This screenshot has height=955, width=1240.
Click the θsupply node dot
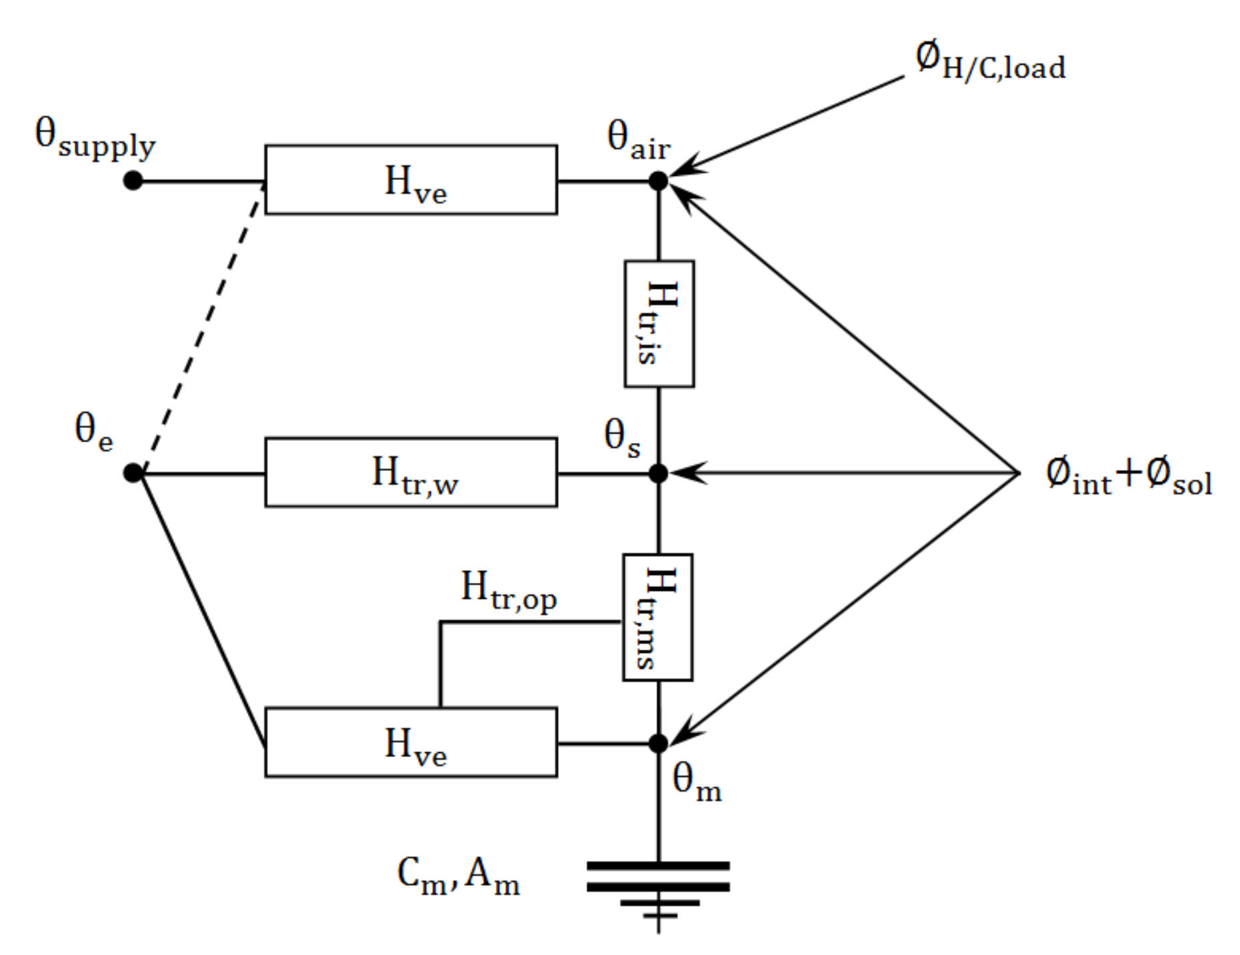tap(133, 181)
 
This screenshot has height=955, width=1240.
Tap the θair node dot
tap(658, 181)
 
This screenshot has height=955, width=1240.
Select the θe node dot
tap(133, 473)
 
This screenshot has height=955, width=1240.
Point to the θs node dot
tap(658, 473)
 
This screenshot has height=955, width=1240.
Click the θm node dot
tap(658, 743)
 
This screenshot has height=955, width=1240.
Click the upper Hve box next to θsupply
tap(411, 180)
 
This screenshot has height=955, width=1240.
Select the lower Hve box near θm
tap(411, 742)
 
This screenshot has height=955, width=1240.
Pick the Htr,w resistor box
tap(411, 473)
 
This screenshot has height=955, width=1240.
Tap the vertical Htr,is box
tap(659, 324)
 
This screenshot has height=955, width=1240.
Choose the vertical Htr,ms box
tap(657, 618)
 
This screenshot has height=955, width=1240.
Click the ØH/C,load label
tap(991, 62)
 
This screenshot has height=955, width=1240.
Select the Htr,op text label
tap(508, 590)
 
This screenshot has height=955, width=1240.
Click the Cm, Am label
tap(458, 876)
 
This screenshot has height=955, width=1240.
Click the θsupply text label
tap(95, 139)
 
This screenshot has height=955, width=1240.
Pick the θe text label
tap(93, 431)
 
